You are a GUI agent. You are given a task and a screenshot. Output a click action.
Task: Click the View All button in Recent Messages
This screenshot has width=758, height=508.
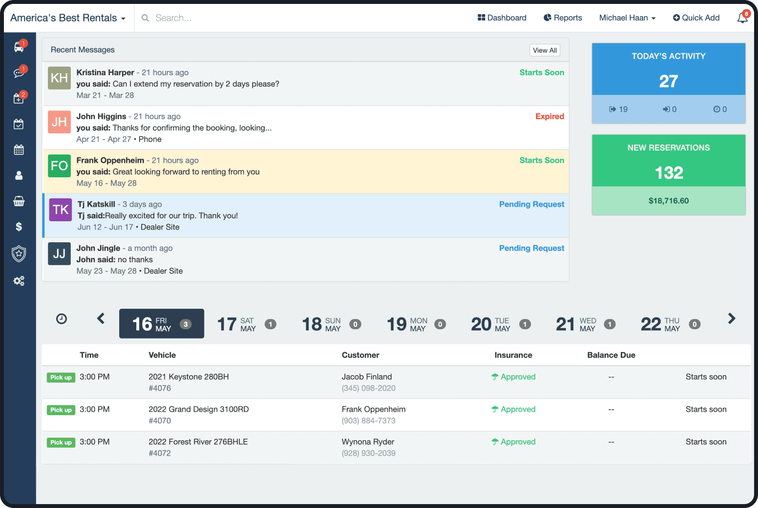(545, 50)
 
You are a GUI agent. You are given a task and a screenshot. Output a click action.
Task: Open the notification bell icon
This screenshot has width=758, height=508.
(742, 18)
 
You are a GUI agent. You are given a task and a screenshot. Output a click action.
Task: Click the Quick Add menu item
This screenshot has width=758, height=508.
(696, 18)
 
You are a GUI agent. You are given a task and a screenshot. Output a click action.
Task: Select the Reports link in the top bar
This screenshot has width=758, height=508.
(563, 18)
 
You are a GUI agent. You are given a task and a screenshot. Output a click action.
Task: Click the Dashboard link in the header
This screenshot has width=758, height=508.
(502, 18)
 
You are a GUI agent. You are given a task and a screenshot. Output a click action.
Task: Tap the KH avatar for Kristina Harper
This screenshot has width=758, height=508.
(59, 78)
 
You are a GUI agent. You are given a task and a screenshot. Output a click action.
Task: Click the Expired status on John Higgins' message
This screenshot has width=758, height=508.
(549, 116)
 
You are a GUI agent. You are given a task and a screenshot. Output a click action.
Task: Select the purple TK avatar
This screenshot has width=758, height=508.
(61, 210)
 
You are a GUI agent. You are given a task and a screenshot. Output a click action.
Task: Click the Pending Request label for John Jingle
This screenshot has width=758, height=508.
(531, 248)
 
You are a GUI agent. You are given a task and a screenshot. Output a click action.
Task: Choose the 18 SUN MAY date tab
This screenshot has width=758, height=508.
(331, 324)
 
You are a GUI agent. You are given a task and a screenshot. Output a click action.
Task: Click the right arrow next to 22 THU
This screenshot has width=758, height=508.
(731, 319)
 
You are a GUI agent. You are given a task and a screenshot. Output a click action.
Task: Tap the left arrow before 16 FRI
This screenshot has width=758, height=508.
(101, 319)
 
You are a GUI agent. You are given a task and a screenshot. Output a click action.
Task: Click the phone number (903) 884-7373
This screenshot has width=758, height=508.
(368, 421)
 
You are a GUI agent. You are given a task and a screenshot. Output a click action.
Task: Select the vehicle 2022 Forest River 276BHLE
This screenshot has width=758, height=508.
(198, 442)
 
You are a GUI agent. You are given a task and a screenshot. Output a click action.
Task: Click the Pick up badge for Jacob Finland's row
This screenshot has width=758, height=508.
(61, 378)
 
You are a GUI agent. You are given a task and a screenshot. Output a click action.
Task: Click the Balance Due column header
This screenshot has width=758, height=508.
(611, 355)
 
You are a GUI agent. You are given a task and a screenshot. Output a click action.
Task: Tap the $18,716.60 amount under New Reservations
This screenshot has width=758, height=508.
(668, 201)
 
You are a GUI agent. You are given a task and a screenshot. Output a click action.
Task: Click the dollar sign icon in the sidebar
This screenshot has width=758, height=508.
(19, 227)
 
